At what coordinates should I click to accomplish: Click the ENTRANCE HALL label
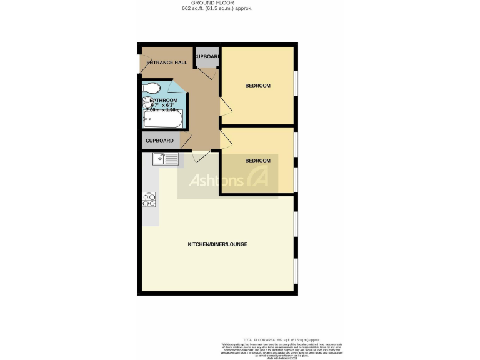[x=167, y=62]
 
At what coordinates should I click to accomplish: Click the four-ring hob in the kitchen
[x=149, y=199]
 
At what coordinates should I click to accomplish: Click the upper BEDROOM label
[x=257, y=86]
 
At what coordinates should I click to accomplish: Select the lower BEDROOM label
[x=257, y=161]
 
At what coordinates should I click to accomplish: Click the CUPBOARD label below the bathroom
[x=160, y=141]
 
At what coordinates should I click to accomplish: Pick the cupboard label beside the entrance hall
[x=207, y=56]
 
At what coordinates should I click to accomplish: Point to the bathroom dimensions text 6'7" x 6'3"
[x=164, y=105]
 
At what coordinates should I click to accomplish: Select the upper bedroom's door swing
[x=226, y=107]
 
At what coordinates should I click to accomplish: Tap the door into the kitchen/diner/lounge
[x=201, y=156]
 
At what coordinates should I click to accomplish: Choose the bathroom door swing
[x=177, y=86]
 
